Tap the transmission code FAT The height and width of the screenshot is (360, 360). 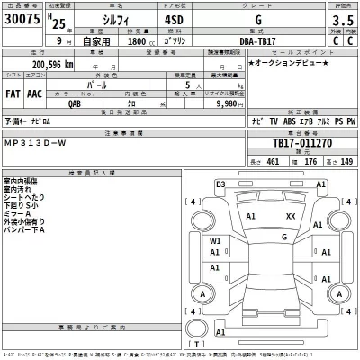[13, 91]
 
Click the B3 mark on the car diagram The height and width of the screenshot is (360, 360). [220, 184]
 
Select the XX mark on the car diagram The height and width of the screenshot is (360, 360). [290, 216]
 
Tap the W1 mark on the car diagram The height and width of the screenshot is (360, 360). [215, 241]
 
